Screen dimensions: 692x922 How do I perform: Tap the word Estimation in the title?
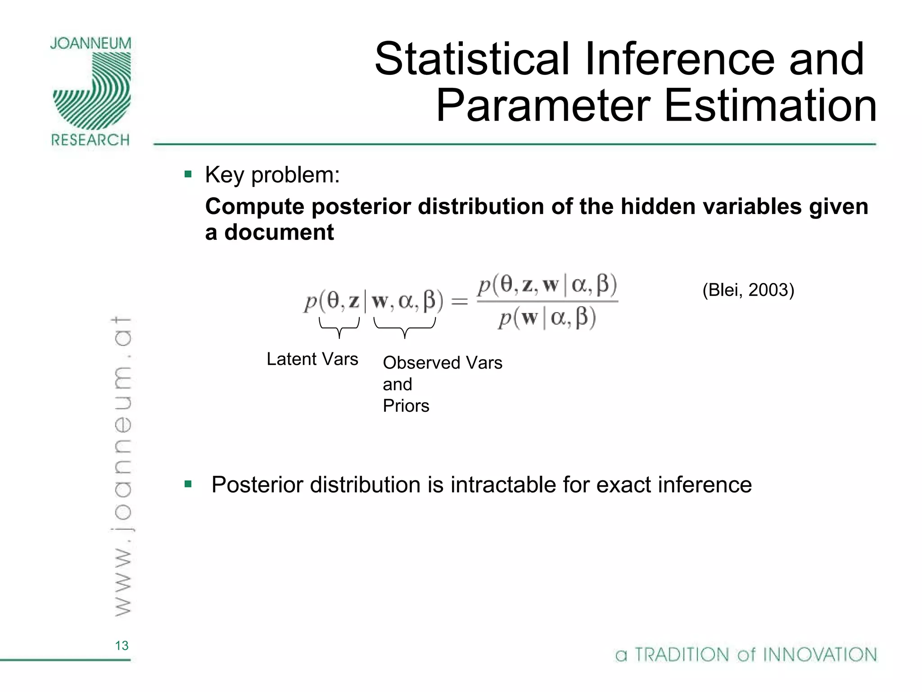pos(770,106)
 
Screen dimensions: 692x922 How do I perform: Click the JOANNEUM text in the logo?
pos(90,44)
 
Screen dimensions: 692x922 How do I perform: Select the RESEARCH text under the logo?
pos(90,140)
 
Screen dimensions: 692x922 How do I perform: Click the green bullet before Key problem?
pos(188,174)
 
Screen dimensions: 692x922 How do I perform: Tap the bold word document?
pos(279,233)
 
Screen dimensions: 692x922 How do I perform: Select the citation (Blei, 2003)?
pos(748,290)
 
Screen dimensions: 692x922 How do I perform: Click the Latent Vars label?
pos(312,359)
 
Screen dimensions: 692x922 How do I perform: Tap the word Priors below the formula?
pos(406,406)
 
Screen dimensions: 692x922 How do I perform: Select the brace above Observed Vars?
pos(404,328)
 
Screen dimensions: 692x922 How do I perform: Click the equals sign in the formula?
pos(460,301)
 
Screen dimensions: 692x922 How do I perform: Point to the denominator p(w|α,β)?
pos(547,319)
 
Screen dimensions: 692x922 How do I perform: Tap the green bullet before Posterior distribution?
pos(188,485)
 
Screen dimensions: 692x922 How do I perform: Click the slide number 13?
pos(122,646)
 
